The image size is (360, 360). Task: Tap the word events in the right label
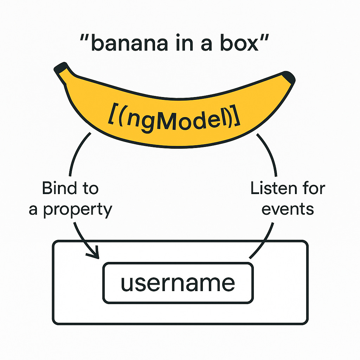[288, 209]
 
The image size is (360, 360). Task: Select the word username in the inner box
[178, 283]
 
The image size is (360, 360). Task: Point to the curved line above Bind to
[77, 151]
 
